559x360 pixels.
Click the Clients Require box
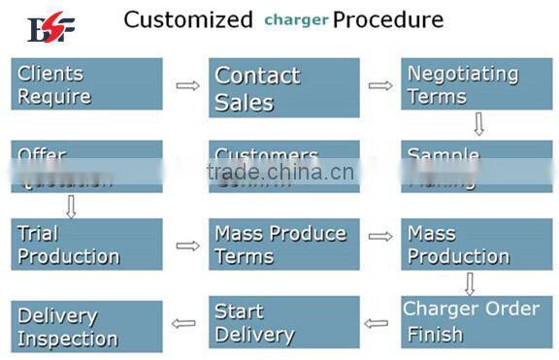click(86, 84)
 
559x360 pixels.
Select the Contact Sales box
click(283, 88)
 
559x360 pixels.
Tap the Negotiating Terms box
click(477, 84)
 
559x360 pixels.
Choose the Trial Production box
click(86, 245)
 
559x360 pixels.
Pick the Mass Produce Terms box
click(283, 245)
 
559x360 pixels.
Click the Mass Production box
click(477, 245)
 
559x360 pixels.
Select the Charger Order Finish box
click(477, 322)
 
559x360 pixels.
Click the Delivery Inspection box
click(86, 326)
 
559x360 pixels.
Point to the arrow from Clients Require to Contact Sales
click(186, 85)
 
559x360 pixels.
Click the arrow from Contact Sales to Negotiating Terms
click(380, 85)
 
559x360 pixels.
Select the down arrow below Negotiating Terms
click(477, 124)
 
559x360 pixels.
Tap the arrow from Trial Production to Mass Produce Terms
click(186, 245)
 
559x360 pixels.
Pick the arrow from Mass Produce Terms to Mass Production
click(380, 236)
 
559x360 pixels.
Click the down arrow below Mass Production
click(470, 283)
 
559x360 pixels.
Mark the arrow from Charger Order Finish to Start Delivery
click(376, 323)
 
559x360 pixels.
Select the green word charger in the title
click(296, 19)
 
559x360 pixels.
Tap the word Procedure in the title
click(388, 19)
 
